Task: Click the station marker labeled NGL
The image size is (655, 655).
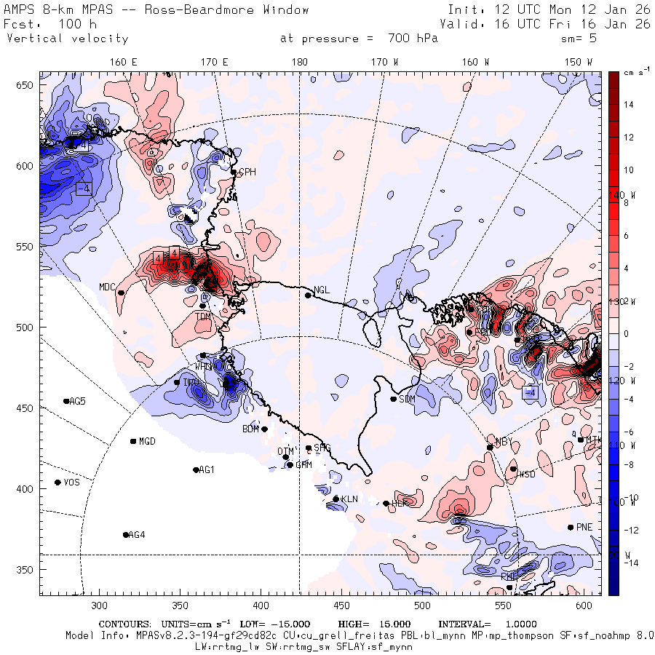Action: click(308, 295)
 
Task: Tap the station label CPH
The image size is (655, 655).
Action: click(247, 172)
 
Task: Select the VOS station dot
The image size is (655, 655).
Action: click(57, 483)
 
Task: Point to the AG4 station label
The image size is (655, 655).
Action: click(137, 535)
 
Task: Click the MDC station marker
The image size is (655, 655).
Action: click(121, 293)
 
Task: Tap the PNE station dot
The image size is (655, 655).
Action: click(571, 527)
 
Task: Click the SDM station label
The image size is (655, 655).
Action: click(408, 399)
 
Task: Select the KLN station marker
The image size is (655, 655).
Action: click(336, 499)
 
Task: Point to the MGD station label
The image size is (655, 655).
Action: click(147, 441)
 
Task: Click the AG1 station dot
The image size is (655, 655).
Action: click(196, 470)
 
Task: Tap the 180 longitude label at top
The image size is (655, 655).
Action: click(299, 62)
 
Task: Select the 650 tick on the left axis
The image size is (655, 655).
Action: click(27, 86)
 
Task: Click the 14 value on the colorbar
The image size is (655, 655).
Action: click(629, 105)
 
